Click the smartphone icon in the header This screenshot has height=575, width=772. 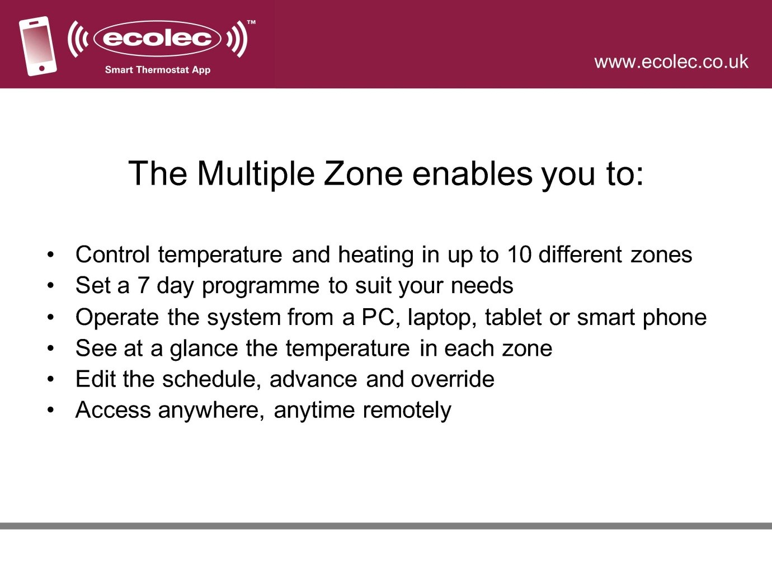click(x=38, y=46)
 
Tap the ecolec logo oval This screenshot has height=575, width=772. click(x=157, y=38)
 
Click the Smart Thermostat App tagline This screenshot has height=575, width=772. click(x=158, y=70)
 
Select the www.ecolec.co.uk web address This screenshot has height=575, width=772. click(x=671, y=62)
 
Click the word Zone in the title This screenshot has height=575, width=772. click(x=363, y=173)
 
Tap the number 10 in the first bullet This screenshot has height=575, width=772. click(x=519, y=254)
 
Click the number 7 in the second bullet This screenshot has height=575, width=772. click(x=143, y=285)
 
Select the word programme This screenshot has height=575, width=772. click(x=261, y=287)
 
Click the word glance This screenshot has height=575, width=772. click(x=204, y=349)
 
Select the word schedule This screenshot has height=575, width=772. click(x=211, y=379)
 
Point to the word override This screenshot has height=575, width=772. click(x=453, y=379)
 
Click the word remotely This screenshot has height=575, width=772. click(x=407, y=411)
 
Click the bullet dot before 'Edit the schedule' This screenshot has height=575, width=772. click(x=51, y=379)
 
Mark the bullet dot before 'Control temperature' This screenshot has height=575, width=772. click(x=51, y=254)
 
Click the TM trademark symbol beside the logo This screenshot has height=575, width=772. click(x=251, y=22)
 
